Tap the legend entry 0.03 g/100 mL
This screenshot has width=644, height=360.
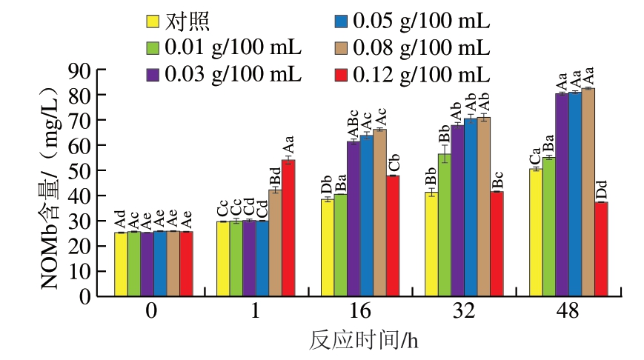[x=223, y=74]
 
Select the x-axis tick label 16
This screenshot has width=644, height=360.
[x=359, y=312]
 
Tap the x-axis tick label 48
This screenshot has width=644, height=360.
[x=567, y=312]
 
